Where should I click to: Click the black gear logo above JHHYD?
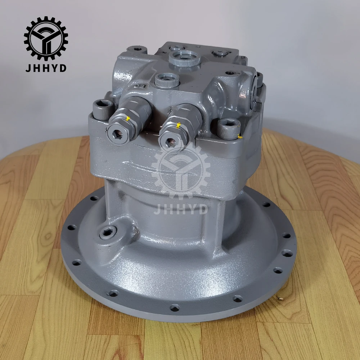pos(46,39)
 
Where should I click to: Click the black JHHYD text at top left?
pos(46,68)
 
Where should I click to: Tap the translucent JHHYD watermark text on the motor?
pos(181,210)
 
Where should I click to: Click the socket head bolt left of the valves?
pos(103,110)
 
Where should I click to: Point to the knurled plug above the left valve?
pos(167,80)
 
